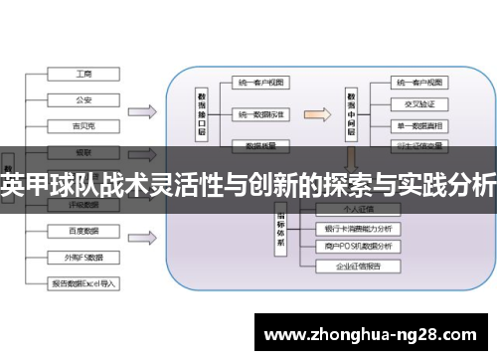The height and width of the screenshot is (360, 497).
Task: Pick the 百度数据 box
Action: [83, 232]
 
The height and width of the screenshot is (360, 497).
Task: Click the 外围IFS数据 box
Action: [83, 257]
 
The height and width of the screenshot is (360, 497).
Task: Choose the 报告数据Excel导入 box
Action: [83, 283]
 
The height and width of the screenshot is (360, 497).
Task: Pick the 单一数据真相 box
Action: [418, 124]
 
